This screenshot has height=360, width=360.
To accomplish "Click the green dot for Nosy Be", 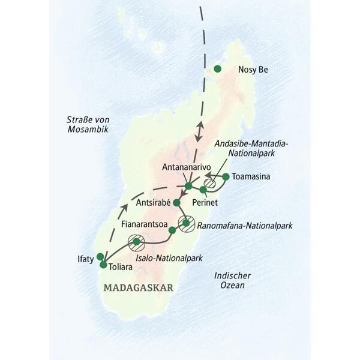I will coord(218,70).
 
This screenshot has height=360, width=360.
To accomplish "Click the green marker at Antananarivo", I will coord(188,186).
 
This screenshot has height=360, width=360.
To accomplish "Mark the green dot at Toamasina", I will coord(226,176).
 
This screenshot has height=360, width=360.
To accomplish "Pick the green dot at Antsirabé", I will coord(176,203).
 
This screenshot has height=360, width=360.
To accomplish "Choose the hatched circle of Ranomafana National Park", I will coord(187,223).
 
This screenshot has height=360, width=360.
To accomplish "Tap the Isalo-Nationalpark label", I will coord(169,259).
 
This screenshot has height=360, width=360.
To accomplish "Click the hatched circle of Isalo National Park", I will coord(137,242).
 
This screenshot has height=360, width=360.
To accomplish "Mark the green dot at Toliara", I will coord(103,265).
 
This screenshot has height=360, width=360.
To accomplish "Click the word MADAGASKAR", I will coord(138,288).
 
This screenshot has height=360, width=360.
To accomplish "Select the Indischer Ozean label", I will coord(233,280).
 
